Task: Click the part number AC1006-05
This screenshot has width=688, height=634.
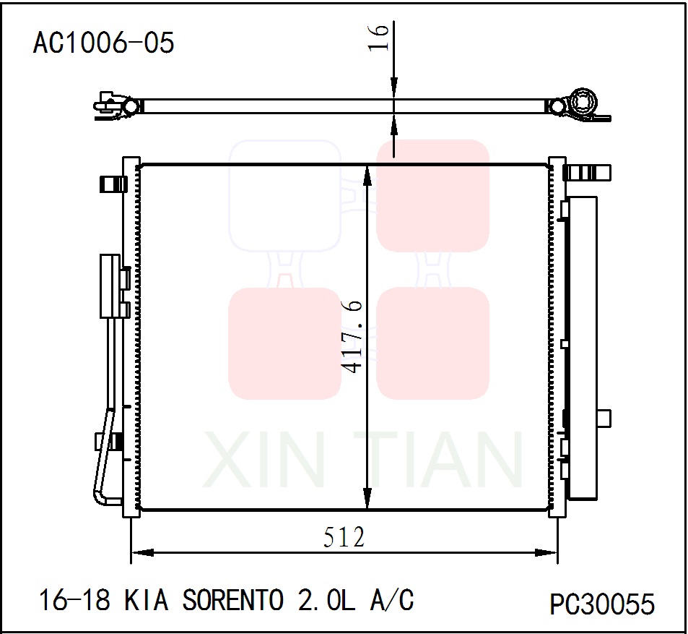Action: (x=103, y=43)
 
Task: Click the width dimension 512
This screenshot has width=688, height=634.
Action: (x=344, y=537)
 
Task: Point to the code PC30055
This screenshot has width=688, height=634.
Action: (x=602, y=604)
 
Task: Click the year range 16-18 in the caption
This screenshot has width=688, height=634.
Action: (x=76, y=600)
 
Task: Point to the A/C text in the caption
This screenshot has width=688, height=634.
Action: (x=393, y=600)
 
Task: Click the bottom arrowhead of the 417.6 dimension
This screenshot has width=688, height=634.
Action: (x=368, y=498)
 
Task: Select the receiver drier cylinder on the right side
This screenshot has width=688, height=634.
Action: (x=583, y=347)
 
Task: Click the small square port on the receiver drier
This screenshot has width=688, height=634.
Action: (x=604, y=418)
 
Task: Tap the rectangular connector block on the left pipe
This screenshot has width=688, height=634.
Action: (x=109, y=286)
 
